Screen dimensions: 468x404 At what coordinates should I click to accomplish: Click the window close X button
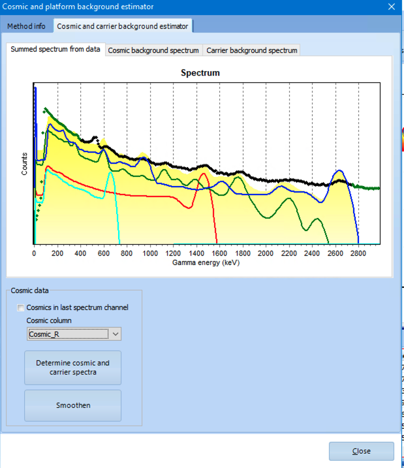coord(391,7)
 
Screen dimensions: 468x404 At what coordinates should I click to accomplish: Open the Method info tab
coord(26,26)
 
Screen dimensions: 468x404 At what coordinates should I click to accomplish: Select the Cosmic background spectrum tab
coord(153,50)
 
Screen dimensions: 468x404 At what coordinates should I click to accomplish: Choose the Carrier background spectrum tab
coord(252,50)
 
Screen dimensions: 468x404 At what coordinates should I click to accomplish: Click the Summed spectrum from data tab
coord(55,50)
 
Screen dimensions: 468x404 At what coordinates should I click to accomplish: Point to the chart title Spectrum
coord(200,73)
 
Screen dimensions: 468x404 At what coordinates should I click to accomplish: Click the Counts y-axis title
coord(25,163)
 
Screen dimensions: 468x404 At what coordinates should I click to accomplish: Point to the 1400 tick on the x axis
coord(196,253)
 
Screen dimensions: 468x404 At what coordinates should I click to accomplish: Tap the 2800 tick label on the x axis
coord(358,253)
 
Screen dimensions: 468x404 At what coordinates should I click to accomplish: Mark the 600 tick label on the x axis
coord(103,253)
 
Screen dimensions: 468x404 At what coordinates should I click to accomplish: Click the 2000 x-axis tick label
coord(265,253)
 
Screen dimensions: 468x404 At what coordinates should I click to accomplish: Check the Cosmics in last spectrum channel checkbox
coord(21,307)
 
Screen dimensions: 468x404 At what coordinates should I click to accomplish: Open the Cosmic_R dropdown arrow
coord(116,334)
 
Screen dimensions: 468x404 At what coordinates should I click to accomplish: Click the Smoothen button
coord(73,405)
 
